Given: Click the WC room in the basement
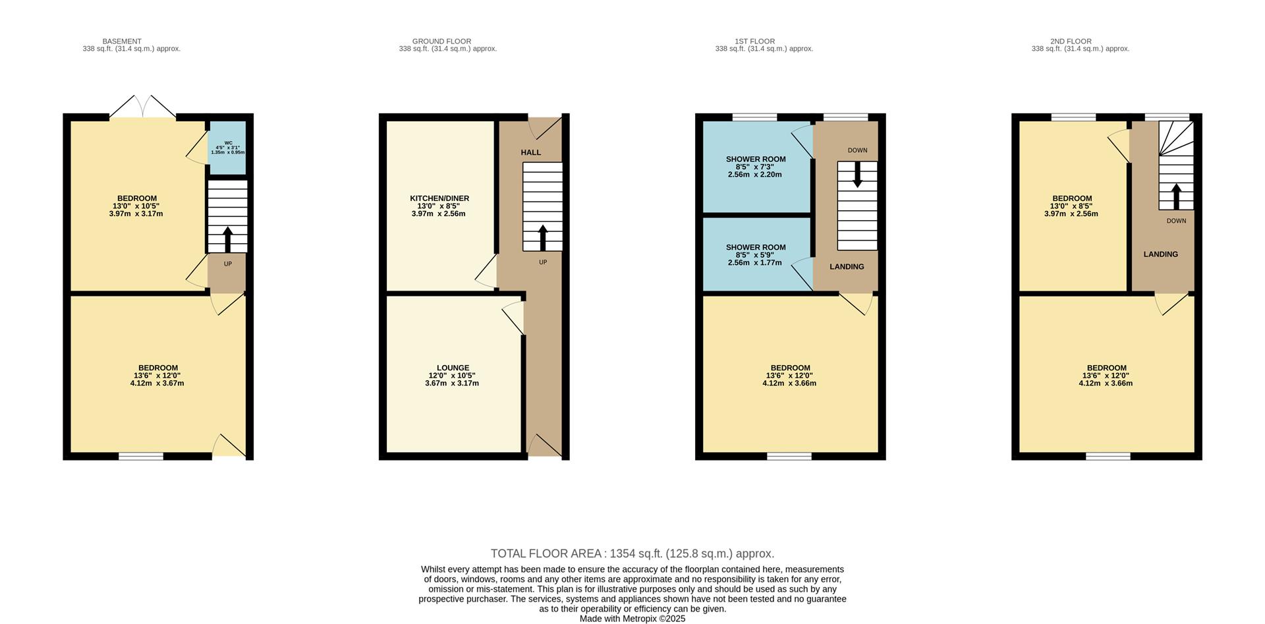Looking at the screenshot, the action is pyautogui.click(x=227, y=148).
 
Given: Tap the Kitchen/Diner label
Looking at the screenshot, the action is pyautogui.click(x=439, y=206).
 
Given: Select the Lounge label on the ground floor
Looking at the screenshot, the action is pyautogui.click(x=452, y=376).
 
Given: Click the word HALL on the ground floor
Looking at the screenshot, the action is pyautogui.click(x=531, y=152).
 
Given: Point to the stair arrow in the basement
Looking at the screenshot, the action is pyautogui.click(x=228, y=240).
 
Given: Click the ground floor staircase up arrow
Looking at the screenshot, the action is pyautogui.click(x=543, y=238).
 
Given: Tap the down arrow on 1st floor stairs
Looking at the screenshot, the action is pyautogui.click(x=857, y=175).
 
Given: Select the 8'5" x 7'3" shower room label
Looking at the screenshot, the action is pyautogui.click(x=755, y=167).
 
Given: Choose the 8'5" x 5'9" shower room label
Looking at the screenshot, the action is pyautogui.click(x=755, y=255).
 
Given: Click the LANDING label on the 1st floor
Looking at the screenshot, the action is pyautogui.click(x=847, y=267).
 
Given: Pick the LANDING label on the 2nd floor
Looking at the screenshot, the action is pyautogui.click(x=1160, y=254).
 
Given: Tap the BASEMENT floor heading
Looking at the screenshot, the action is pyautogui.click(x=122, y=42).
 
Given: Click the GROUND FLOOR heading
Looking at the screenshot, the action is pyautogui.click(x=441, y=42).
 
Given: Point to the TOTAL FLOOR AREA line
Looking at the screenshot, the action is pyautogui.click(x=632, y=554).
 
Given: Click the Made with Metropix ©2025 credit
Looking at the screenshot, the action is pyautogui.click(x=632, y=619).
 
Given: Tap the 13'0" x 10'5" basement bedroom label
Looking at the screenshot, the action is pyautogui.click(x=136, y=206).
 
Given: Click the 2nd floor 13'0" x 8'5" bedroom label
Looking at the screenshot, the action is pyautogui.click(x=1071, y=206).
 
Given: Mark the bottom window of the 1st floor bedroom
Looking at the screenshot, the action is pyautogui.click(x=789, y=456).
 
